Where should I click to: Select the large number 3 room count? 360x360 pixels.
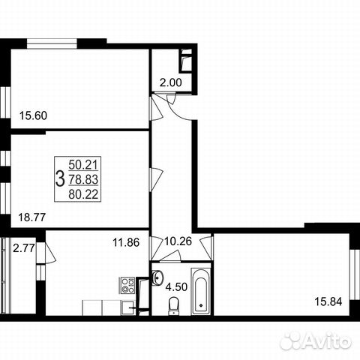click(59, 178)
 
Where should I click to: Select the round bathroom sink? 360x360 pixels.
click(158, 278)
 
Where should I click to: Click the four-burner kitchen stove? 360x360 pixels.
click(127, 285)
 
